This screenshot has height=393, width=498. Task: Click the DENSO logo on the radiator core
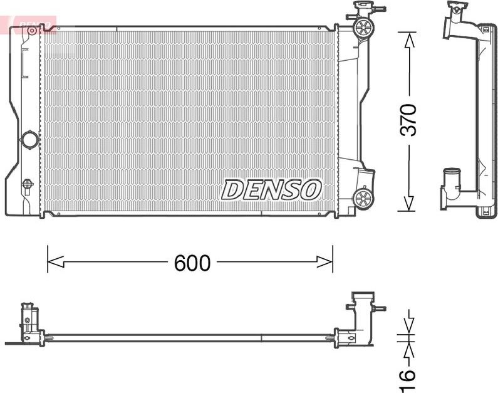coord(272,189)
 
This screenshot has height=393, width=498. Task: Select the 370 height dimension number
coord(408,120)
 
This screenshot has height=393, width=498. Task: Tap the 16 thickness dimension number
coord(408,374)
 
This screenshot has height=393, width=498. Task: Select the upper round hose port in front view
coord(363,27)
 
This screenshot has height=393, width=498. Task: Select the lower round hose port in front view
coord(363,198)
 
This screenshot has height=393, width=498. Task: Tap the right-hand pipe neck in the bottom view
coord(362,311)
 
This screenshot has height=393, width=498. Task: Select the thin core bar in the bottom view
coord(188,337)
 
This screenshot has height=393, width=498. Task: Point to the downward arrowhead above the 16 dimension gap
coord(409,327)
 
